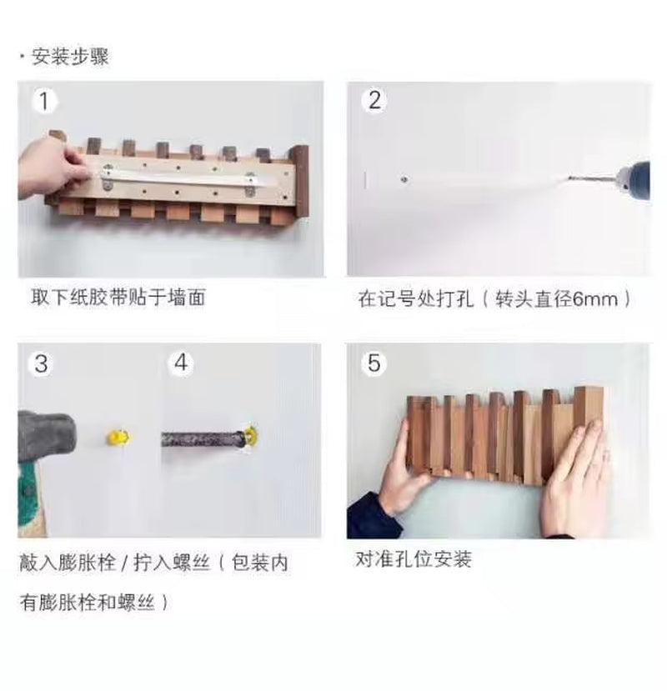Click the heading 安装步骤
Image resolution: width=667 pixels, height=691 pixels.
[70, 58]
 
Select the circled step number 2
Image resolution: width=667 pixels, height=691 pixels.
[374, 101]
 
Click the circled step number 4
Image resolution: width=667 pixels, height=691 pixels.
[181, 363]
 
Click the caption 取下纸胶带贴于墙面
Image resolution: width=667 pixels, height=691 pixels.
[117, 298]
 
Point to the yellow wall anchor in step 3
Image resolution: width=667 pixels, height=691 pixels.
[114, 437]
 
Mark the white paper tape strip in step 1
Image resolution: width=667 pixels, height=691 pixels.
[188, 176]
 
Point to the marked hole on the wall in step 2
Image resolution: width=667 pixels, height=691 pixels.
[403, 178]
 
